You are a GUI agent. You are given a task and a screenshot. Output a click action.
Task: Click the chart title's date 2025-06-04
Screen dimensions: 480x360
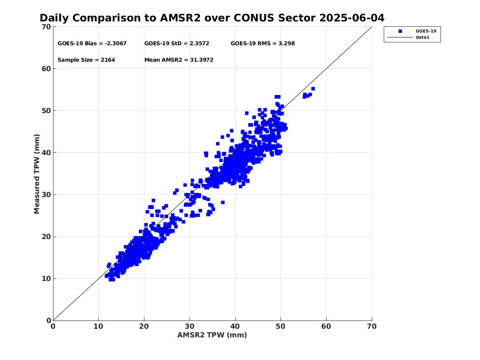click(352, 18)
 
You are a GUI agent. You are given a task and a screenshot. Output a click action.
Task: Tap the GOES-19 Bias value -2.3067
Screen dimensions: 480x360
click(116, 44)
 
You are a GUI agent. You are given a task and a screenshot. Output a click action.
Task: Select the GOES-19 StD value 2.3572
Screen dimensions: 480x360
click(199, 44)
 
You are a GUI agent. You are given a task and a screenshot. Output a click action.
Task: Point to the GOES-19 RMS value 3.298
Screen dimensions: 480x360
click(287, 44)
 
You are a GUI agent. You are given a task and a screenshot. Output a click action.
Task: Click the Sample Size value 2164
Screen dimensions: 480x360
click(108, 60)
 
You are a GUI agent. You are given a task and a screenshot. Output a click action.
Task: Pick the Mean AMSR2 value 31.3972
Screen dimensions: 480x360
click(202, 60)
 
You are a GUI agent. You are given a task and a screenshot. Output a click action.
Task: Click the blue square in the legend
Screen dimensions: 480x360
click(400, 31)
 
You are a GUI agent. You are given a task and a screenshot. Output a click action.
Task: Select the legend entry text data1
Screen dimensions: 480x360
click(422, 37)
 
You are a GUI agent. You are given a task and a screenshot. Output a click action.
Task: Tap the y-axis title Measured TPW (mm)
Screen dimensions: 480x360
click(37, 174)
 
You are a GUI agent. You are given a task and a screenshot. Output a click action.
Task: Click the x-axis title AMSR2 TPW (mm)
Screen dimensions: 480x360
click(212, 335)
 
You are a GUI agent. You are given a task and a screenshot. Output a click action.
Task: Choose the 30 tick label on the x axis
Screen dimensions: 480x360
click(190, 326)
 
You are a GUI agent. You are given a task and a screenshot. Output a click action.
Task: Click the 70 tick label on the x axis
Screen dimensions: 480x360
click(372, 326)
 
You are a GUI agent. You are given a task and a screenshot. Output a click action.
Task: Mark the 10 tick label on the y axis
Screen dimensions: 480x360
click(46, 279)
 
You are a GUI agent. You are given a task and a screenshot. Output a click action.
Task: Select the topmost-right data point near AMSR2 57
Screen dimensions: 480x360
click(313, 89)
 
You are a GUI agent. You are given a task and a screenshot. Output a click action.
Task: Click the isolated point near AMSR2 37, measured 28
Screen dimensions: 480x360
click(223, 202)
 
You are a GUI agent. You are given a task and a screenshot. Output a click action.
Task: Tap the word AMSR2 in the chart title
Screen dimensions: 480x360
click(180, 18)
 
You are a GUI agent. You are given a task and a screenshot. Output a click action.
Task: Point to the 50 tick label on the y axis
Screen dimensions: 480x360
click(46, 111)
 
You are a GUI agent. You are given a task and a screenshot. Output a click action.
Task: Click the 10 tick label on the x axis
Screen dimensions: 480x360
click(99, 326)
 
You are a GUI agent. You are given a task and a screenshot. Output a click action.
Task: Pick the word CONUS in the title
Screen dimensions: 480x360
click(254, 18)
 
